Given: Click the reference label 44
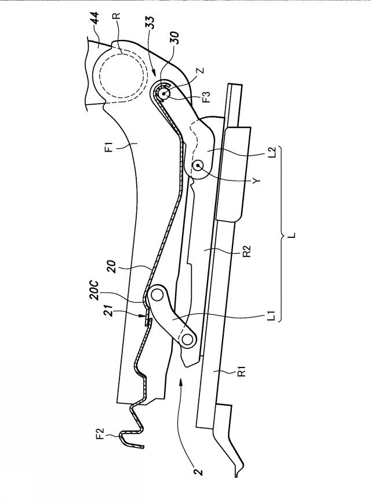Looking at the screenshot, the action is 96,20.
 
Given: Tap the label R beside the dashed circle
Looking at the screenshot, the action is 118,16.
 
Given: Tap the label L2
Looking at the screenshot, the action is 272,152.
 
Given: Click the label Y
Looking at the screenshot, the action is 256,181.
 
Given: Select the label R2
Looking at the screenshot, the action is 247,251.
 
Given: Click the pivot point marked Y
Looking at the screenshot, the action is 198,165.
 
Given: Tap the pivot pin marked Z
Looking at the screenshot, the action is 165,93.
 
